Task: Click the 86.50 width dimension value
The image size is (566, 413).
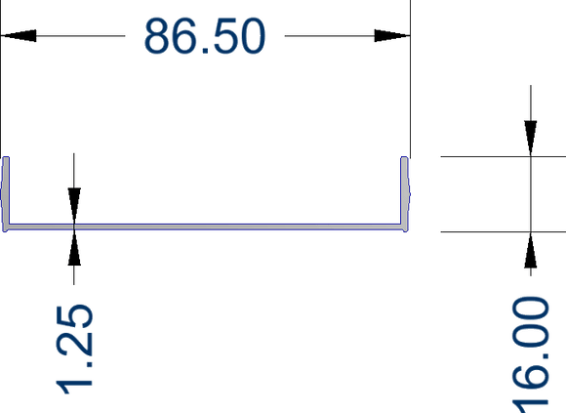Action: [x=205, y=36]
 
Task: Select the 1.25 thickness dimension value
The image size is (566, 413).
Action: [x=74, y=350]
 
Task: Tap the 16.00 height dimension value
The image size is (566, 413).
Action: [x=531, y=354]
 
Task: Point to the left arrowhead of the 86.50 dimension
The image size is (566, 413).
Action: [x=19, y=36]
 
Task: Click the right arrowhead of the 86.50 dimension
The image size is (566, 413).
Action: [x=392, y=36]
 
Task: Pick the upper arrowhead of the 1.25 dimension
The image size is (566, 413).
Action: [x=74, y=206]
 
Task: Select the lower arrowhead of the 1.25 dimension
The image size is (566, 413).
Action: [x=74, y=248]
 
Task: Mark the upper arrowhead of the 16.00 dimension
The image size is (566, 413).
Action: [x=531, y=139]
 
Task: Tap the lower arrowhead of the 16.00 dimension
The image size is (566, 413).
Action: [x=531, y=250]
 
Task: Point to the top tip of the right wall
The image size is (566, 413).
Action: [x=405, y=157]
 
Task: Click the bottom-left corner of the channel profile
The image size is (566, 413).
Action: [x=4, y=231]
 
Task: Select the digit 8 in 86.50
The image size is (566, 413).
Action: [x=157, y=36]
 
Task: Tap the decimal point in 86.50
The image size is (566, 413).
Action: [x=206, y=52]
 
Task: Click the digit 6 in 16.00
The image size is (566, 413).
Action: [x=531, y=379]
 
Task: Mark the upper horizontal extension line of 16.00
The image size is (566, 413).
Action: [x=504, y=156]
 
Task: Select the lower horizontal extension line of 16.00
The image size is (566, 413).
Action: [x=504, y=231]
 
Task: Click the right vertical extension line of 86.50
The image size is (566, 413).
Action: [x=410, y=78]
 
